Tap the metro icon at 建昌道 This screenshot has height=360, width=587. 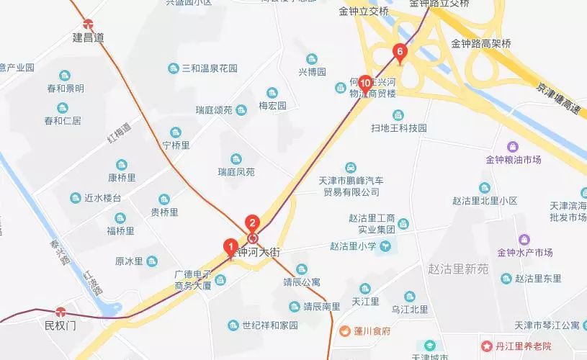88,24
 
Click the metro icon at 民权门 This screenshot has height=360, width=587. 61,312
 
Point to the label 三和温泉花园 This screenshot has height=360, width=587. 209,69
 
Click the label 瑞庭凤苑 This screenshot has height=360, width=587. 236,172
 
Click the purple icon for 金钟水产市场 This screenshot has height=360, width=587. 524,239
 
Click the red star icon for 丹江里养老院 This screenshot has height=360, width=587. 487,346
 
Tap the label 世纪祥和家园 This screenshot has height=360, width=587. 269,325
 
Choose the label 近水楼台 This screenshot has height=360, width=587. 102,198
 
